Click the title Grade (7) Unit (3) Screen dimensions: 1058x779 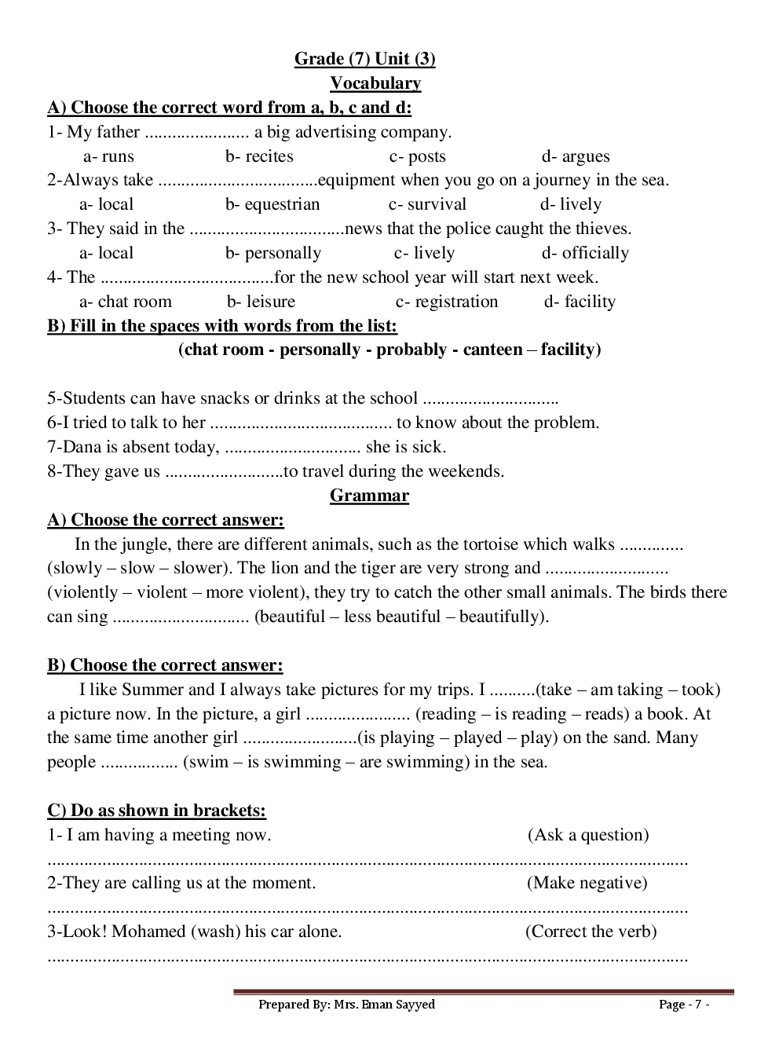[364, 59]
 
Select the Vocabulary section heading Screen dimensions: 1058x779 [375, 83]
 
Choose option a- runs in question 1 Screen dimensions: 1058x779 [108, 156]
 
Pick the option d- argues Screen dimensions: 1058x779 [576, 156]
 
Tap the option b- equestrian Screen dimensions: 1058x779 [272, 205]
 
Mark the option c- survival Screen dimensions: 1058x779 [427, 205]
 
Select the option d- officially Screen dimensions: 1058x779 [585, 253]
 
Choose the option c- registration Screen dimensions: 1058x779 [447, 302]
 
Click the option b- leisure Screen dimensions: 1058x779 [261, 302]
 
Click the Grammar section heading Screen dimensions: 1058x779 [369, 496]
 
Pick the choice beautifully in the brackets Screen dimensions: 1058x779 [502, 617]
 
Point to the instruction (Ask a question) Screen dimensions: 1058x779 [588, 835]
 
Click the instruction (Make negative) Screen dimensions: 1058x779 [587, 883]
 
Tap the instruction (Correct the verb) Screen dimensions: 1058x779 [591, 932]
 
